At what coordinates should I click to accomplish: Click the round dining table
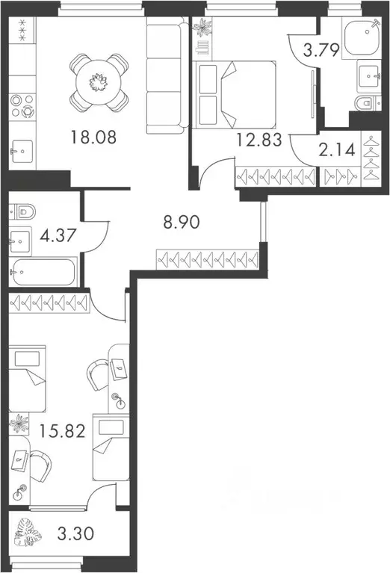click(x=99, y=81)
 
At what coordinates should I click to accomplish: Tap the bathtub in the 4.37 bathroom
click(x=43, y=273)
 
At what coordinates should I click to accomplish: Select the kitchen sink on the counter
click(x=23, y=152)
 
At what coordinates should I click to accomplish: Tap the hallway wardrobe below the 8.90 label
click(x=207, y=259)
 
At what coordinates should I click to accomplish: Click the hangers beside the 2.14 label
click(x=371, y=158)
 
